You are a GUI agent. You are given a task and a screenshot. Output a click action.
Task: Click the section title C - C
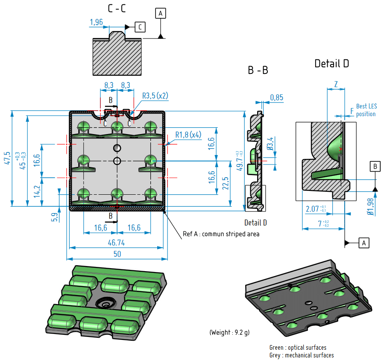(117, 8)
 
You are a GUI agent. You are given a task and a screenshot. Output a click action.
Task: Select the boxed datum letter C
(140, 27)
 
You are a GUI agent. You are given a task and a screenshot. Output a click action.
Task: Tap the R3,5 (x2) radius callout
(155, 95)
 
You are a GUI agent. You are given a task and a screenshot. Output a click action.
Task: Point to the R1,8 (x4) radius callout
(188, 135)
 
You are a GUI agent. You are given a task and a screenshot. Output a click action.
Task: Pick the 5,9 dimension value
(54, 217)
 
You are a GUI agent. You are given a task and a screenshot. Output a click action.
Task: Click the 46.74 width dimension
(117, 242)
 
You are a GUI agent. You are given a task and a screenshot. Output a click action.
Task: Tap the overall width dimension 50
(117, 254)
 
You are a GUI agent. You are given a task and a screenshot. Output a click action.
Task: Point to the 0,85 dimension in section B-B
(276, 98)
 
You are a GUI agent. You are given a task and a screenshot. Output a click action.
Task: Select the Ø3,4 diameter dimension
(270, 143)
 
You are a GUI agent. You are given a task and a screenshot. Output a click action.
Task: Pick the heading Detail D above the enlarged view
(331, 64)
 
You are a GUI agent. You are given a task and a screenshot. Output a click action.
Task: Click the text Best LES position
(366, 110)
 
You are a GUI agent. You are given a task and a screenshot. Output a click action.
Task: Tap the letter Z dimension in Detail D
(336, 84)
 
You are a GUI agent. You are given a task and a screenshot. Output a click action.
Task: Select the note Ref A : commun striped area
(221, 234)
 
